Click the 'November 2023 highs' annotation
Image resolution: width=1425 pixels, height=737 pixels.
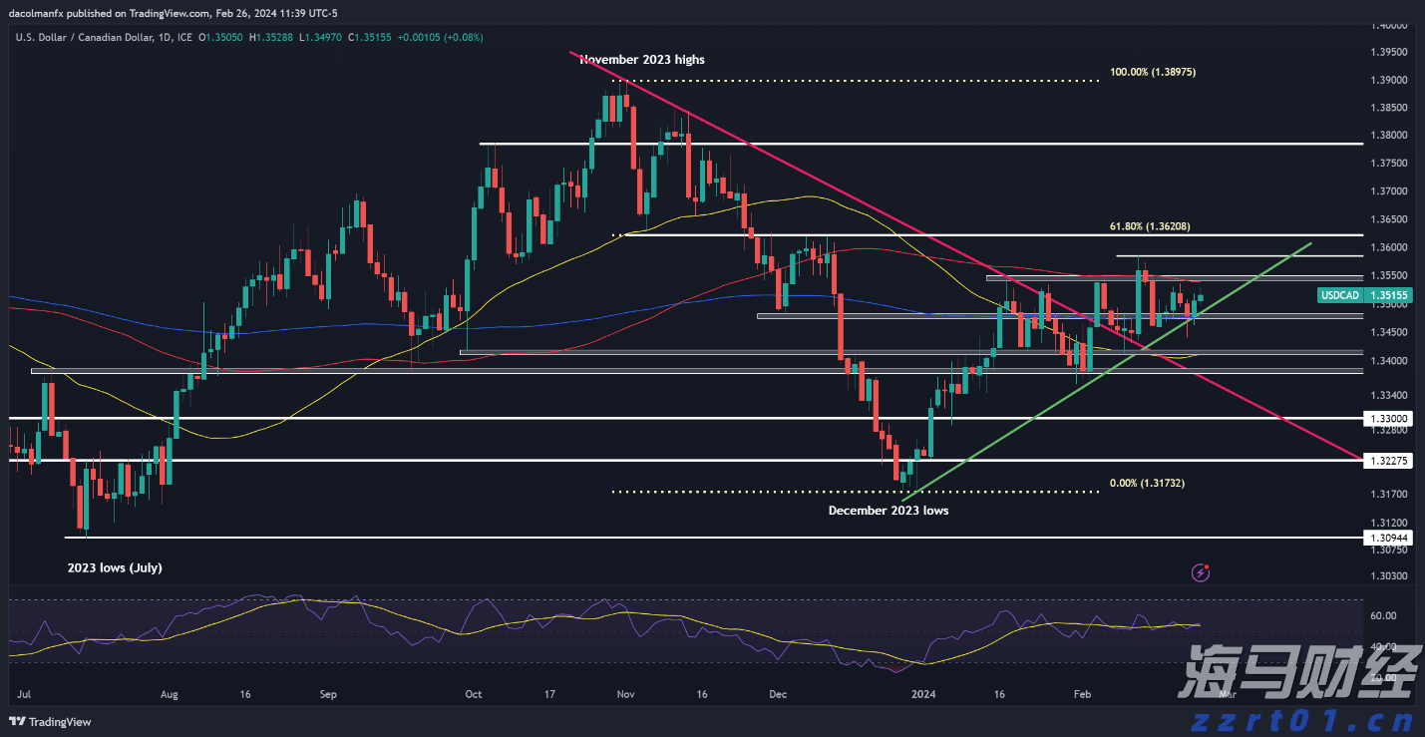pos(643,60)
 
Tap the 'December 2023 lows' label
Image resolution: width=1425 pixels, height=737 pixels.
pos(889,511)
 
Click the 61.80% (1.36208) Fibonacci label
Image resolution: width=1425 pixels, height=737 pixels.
pos(1150,227)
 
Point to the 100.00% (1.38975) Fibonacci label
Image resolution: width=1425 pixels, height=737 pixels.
pos(1153,73)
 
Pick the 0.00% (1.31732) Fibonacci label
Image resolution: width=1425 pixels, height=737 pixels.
pos(1147,483)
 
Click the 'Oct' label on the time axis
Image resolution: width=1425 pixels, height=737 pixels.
pos(474,694)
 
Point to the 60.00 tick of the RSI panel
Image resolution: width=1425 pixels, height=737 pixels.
pos(1382,616)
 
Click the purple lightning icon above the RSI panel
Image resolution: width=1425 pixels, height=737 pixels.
pos(1202,572)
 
